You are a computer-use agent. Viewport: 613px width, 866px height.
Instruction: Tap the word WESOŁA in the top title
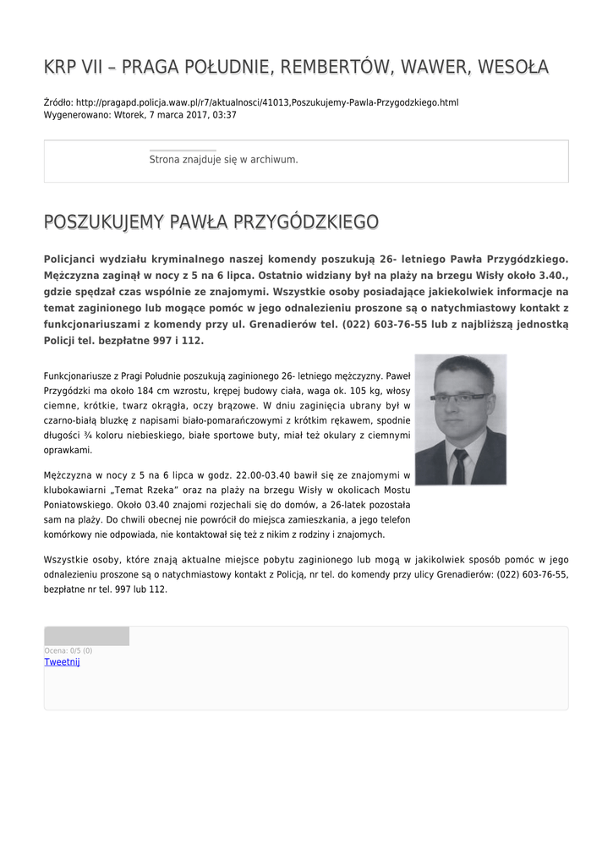[513, 67]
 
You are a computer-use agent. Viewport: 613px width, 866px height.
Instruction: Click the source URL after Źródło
[267, 102]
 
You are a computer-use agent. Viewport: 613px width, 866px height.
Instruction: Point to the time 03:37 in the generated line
[224, 115]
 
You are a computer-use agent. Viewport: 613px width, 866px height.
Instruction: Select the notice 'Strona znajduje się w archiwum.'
[223, 159]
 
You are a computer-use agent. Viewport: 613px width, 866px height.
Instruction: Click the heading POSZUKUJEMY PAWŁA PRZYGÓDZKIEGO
[211, 222]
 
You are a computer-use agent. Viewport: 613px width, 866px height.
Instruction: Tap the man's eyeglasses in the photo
[459, 397]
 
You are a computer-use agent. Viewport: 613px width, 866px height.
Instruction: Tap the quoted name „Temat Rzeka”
[158, 490]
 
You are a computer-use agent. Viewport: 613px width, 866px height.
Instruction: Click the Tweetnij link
[62, 662]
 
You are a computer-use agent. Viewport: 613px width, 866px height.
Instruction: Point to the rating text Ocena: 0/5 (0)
[68, 650]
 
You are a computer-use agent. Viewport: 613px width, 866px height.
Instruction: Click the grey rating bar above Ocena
[86, 636]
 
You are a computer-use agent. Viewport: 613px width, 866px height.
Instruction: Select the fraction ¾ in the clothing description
[79, 435]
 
